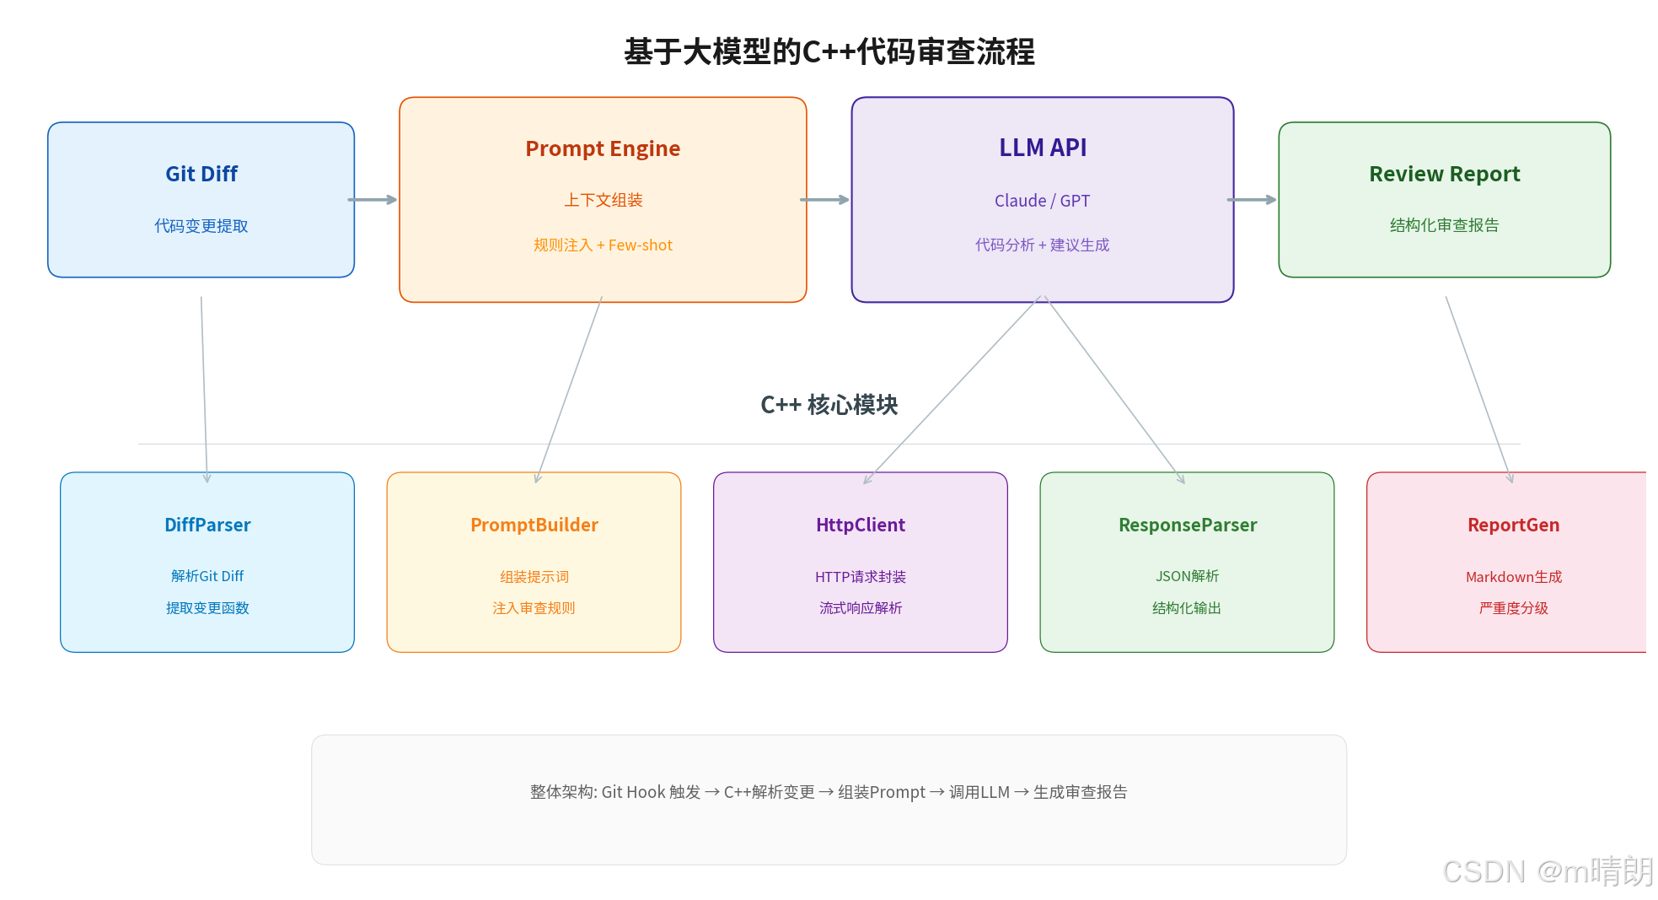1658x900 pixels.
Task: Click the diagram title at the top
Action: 829,52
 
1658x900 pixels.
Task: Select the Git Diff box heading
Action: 201,174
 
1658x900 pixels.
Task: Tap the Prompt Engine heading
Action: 603,148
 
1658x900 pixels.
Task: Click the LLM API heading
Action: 1043,148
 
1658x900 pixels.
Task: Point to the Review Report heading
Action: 1444,174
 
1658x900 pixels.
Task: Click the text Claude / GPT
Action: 1042,201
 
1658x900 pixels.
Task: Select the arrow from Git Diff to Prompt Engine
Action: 373,200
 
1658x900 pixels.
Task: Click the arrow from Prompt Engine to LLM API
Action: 824,200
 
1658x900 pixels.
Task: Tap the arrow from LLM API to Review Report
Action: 1252,200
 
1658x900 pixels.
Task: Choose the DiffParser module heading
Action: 207,525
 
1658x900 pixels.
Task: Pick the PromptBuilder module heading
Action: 534,525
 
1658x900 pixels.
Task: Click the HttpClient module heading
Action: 861,525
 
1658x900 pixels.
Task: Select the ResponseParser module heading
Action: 1188,525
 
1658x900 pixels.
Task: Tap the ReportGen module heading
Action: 1513,525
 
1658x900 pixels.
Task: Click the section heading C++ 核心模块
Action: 829,405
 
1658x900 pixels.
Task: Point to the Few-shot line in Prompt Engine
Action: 640,245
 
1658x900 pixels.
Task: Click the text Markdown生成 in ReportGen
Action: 1513,577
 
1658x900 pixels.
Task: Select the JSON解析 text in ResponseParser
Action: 1187,576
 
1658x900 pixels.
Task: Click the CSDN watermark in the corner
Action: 1548,871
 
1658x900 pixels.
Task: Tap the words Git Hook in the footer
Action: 633,792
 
